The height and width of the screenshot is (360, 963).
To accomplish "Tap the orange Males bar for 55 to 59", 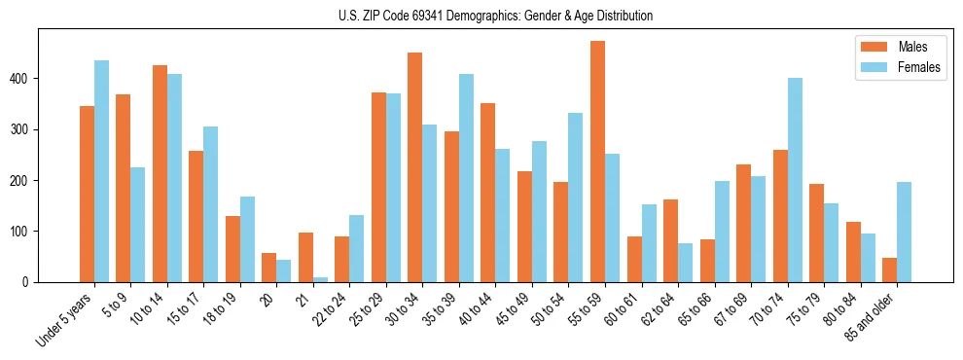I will point(597,162).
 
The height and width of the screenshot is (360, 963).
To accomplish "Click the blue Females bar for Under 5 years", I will point(101,171).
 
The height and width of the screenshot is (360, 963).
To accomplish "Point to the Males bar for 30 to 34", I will point(414,167).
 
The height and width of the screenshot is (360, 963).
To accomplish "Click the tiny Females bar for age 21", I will point(320,279).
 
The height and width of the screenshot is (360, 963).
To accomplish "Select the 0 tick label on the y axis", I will point(31,282).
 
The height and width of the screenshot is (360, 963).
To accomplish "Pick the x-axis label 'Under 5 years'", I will point(66,317).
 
